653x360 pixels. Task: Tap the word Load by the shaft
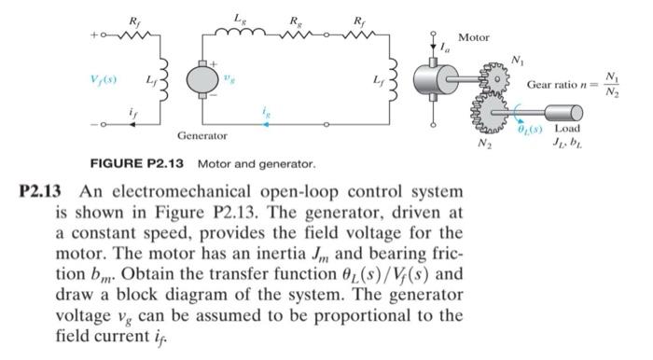click(569, 127)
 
